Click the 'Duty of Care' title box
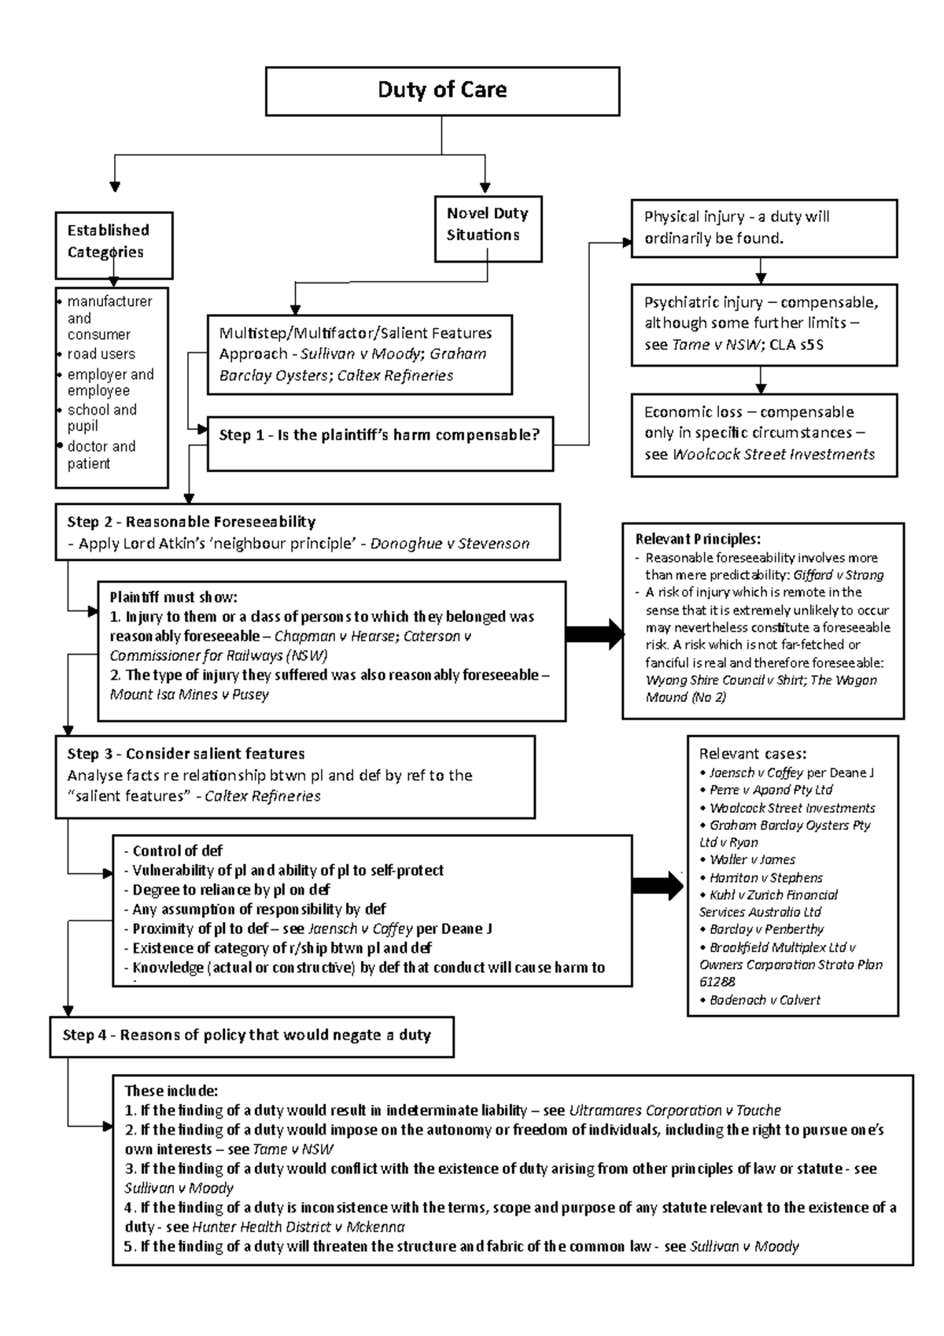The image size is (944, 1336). point(442,90)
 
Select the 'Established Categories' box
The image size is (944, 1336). point(113,244)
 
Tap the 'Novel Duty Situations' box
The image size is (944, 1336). point(488,228)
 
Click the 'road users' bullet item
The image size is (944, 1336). point(101,354)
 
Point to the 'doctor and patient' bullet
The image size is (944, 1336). point(101,455)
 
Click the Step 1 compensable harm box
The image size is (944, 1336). point(380,444)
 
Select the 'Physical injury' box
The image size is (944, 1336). point(763,228)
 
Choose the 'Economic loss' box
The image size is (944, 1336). point(763,434)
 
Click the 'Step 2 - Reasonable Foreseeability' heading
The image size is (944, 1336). point(191,522)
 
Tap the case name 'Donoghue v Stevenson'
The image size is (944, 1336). point(449,544)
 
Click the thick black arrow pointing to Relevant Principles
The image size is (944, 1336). point(595,633)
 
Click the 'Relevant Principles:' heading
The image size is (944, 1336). point(698,539)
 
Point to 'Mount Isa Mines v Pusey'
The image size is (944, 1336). point(189,695)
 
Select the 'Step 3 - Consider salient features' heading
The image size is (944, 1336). point(186,754)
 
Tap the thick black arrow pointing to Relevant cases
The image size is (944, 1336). point(658,885)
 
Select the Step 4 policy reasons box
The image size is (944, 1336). point(252,1035)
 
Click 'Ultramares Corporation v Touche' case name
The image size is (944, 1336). point(674,1111)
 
